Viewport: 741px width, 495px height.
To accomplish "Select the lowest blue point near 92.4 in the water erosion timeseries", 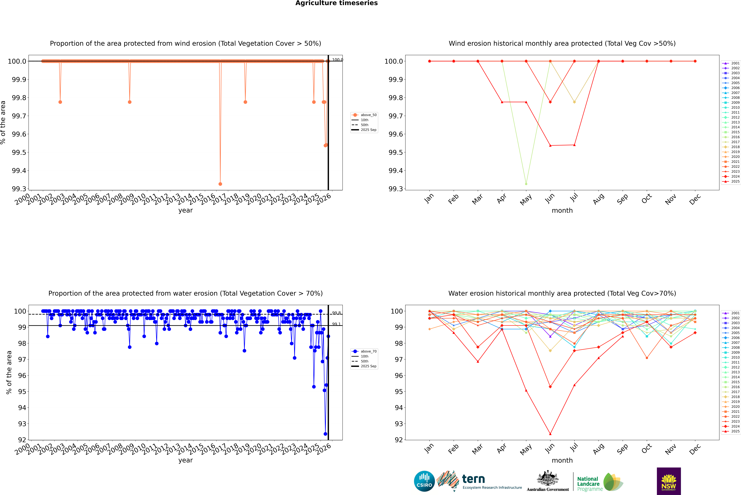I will (x=325, y=434).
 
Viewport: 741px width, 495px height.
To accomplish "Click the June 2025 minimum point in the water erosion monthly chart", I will (x=550, y=434).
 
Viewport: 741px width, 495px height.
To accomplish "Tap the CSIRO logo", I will (x=424, y=481).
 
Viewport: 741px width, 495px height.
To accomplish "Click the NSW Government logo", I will (x=669, y=481).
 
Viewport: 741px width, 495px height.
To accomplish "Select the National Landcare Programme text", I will (x=588, y=484).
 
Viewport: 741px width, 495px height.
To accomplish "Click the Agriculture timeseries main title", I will (x=336, y=3).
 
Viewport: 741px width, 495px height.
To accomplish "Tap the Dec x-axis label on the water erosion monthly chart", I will (x=695, y=449).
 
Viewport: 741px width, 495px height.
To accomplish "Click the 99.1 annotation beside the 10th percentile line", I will (x=336, y=324).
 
